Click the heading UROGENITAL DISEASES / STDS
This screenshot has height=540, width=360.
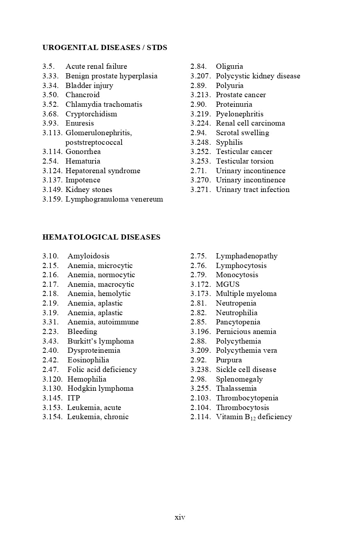(x=105, y=48)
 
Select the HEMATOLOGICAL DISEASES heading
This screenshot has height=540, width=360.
(x=101, y=237)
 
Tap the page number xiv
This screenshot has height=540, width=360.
(x=180, y=517)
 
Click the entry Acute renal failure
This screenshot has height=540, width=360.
(x=96, y=66)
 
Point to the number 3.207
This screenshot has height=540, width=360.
(x=200, y=76)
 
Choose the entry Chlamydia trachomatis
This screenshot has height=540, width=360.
(x=104, y=104)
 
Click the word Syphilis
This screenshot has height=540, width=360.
(x=229, y=142)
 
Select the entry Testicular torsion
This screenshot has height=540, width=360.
(x=245, y=161)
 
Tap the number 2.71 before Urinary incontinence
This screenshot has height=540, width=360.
(x=198, y=171)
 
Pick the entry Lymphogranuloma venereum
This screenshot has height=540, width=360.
(x=114, y=199)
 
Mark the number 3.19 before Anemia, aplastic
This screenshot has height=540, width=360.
(x=50, y=313)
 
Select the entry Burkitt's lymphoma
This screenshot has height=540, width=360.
(x=100, y=341)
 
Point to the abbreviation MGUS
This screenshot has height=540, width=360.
(x=228, y=284)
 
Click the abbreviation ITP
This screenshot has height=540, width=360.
(x=74, y=398)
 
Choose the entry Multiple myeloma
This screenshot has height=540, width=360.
(x=246, y=294)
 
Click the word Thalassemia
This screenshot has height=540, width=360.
(x=236, y=388)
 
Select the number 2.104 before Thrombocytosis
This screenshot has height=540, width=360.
(x=200, y=408)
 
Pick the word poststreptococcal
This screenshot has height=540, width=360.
(x=94, y=142)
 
